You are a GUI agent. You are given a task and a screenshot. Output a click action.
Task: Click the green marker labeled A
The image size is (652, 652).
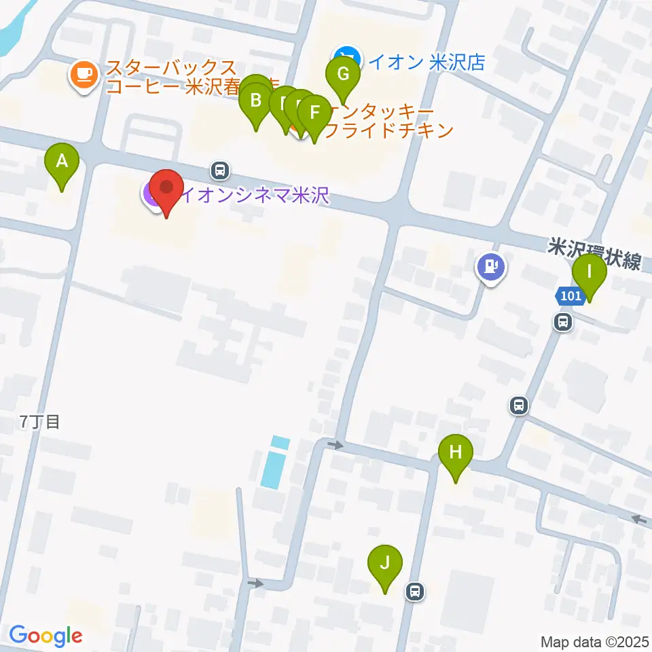pyautogui.click(x=62, y=162)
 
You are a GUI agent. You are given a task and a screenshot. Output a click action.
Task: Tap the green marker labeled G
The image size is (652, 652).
pyautogui.click(x=343, y=73)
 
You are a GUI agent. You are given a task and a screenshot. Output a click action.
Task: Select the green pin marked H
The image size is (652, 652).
pyautogui.click(x=455, y=451)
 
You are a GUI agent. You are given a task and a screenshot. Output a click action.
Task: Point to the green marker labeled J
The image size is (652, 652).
pyautogui.click(x=385, y=563)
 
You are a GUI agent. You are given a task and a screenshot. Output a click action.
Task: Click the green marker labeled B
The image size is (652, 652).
pyautogui.click(x=256, y=101)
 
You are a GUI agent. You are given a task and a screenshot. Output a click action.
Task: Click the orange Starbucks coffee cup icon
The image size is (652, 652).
pyautogui.click(x=84, y=73)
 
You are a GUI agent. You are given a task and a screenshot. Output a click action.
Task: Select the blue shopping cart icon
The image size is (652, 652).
pyautogui.click(x=347, y=54)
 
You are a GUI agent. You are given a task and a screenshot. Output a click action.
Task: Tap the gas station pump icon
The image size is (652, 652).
pyautogui.click(x=490, y=266)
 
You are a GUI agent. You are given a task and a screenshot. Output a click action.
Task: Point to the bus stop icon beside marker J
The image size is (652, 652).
pyautogui.click(x=415, y=592)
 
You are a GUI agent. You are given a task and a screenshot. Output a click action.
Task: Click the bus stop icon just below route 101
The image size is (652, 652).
pyautogui.click(x=563, y=322)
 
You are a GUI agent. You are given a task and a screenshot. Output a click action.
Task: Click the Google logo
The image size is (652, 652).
pyautogui.click(x=46, y=635)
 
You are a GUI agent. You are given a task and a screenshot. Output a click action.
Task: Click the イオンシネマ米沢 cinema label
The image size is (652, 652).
pyautogui.click(x=254, y=196)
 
